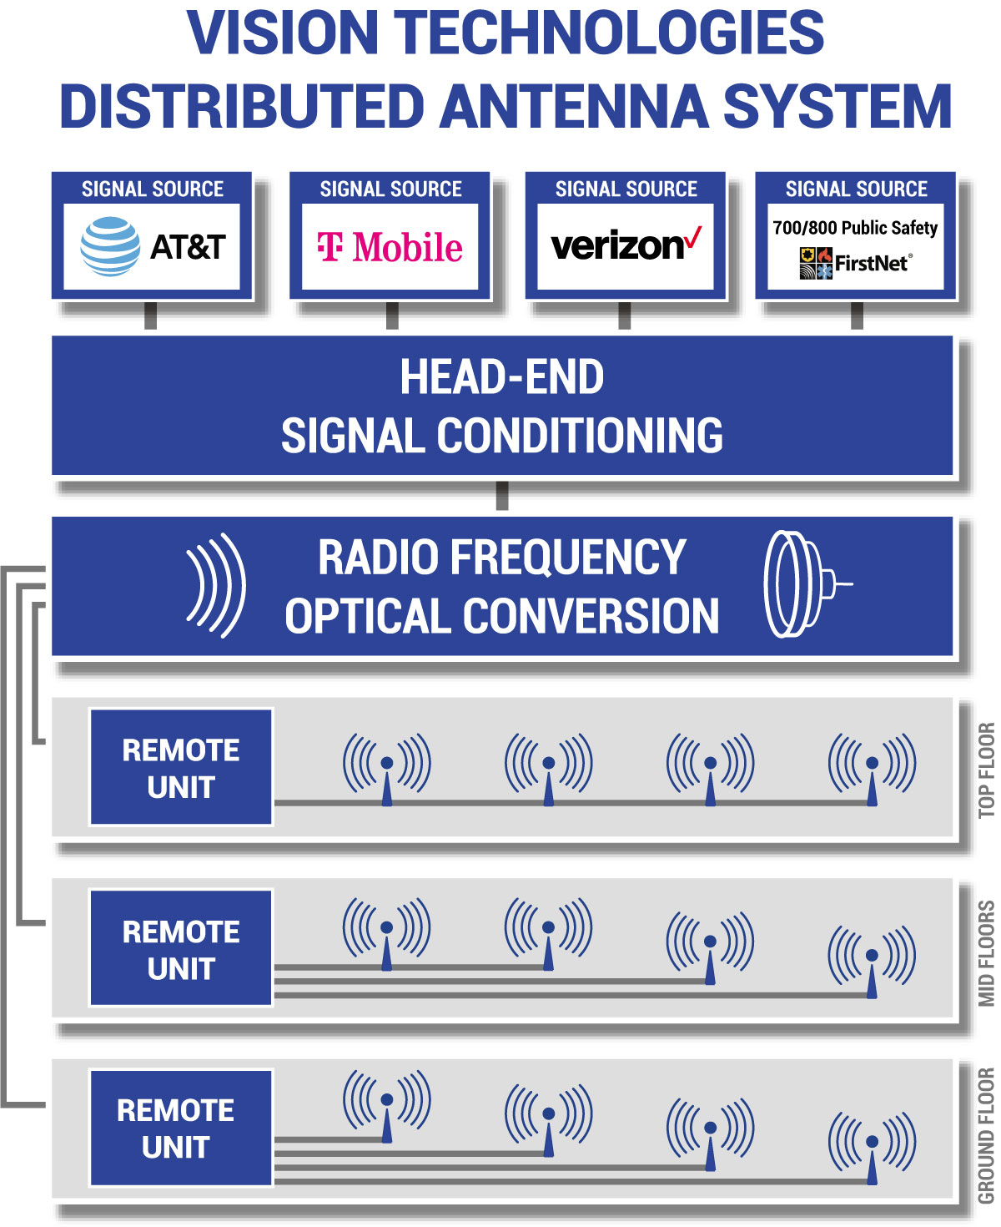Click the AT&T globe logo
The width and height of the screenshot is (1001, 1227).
110,246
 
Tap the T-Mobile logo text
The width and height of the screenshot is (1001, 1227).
390,247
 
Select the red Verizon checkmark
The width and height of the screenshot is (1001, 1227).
693,239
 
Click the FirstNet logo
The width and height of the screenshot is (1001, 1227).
855,263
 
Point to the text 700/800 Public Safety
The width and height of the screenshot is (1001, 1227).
855,228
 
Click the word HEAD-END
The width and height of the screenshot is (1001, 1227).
501,377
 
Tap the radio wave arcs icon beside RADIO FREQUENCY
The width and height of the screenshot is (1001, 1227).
216,585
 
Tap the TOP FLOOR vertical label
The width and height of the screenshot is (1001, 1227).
986,770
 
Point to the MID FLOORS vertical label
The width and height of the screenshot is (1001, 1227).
986,952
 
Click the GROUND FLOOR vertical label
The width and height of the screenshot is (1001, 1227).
986,1134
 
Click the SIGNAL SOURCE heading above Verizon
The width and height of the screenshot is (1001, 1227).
626,189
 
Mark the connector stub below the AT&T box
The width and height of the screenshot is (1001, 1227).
150,316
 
